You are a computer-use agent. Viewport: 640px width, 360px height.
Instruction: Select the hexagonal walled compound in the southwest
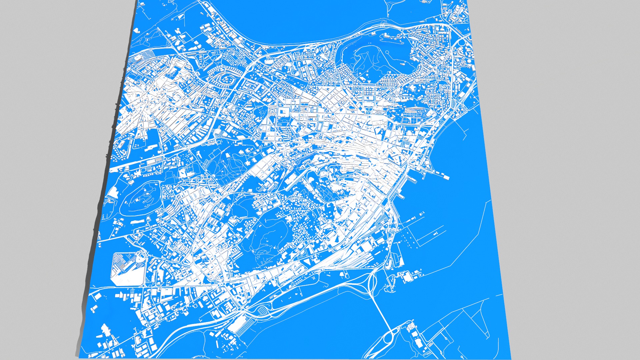(x=128, y=269)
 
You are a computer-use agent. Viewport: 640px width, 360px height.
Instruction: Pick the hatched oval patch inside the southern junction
(x=263, y=311)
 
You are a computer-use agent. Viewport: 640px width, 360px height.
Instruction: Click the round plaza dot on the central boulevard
(x=332, y=114)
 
